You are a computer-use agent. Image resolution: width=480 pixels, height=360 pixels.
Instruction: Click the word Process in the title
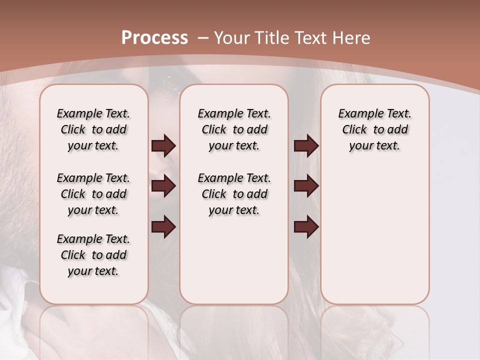pos(154,37)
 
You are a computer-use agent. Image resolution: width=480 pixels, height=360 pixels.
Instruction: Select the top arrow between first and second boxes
pos(163,146)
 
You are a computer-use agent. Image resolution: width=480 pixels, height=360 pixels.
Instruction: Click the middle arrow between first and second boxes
pos(163,186)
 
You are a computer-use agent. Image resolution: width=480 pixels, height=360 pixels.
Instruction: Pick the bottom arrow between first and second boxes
pos(163,227)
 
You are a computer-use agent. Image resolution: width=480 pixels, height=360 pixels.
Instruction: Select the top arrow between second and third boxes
pos(306,146)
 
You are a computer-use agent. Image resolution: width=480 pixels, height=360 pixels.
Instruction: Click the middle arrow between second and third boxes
pos(306,186)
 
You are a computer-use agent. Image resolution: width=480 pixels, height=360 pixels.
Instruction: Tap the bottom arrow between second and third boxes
pos(306,227)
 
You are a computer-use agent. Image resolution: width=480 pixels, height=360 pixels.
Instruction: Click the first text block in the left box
pos(93,129)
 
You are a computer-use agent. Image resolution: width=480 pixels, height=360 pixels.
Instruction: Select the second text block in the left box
pos(93,194)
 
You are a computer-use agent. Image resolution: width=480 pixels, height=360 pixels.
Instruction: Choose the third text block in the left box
pos(93,255)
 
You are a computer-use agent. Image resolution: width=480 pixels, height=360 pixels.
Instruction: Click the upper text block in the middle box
pos(234,129)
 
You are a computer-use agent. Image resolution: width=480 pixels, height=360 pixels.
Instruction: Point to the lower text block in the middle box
pos(234,194)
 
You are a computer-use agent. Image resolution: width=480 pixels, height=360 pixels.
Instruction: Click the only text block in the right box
pos(374,129)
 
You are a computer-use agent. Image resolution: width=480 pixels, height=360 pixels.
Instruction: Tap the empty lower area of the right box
pos(374,240)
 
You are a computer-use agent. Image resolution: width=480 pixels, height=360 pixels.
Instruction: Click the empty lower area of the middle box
pos(234,260)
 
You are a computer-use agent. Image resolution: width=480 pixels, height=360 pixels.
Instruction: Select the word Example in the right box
pos(355,114)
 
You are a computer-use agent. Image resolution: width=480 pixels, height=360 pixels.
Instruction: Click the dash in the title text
pos(203,38)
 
